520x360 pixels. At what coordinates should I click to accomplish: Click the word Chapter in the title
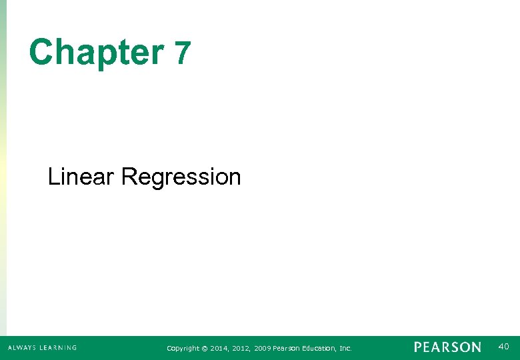pyautogui.click(x=96, y=52)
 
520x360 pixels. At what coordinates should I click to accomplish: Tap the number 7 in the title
pyautogui.click(x=182, y=53)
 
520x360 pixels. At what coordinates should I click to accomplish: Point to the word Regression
pyautogui.click(x=181, y=178)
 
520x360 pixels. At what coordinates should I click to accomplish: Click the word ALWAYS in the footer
pyautogui.click(x=23, y=347)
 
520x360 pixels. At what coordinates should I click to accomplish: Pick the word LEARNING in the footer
pyautogui.click(x=58, y=347)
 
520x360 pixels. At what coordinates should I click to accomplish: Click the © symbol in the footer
pyautogui.click(x=205, y=348)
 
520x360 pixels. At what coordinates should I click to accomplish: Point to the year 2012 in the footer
pyautogui.click(x=241, y=348)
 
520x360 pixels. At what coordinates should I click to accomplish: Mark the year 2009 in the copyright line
pyautogui.click(x=263, y=348)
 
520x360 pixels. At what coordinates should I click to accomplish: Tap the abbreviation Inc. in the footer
pyautogui.click(x=345, y=348)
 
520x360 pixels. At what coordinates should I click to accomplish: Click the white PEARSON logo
pyautogui.click(x=447, y=347)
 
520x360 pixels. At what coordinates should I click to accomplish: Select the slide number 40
pyautogui.click(x=503, y=346)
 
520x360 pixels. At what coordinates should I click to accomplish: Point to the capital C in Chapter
pyautogui.click(x=41, y=52)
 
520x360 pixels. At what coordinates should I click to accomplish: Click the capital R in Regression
pyautogui.click(x=129, y=177)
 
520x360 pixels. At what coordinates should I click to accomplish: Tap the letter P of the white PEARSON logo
pyautogui.click(x=418, y=347)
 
